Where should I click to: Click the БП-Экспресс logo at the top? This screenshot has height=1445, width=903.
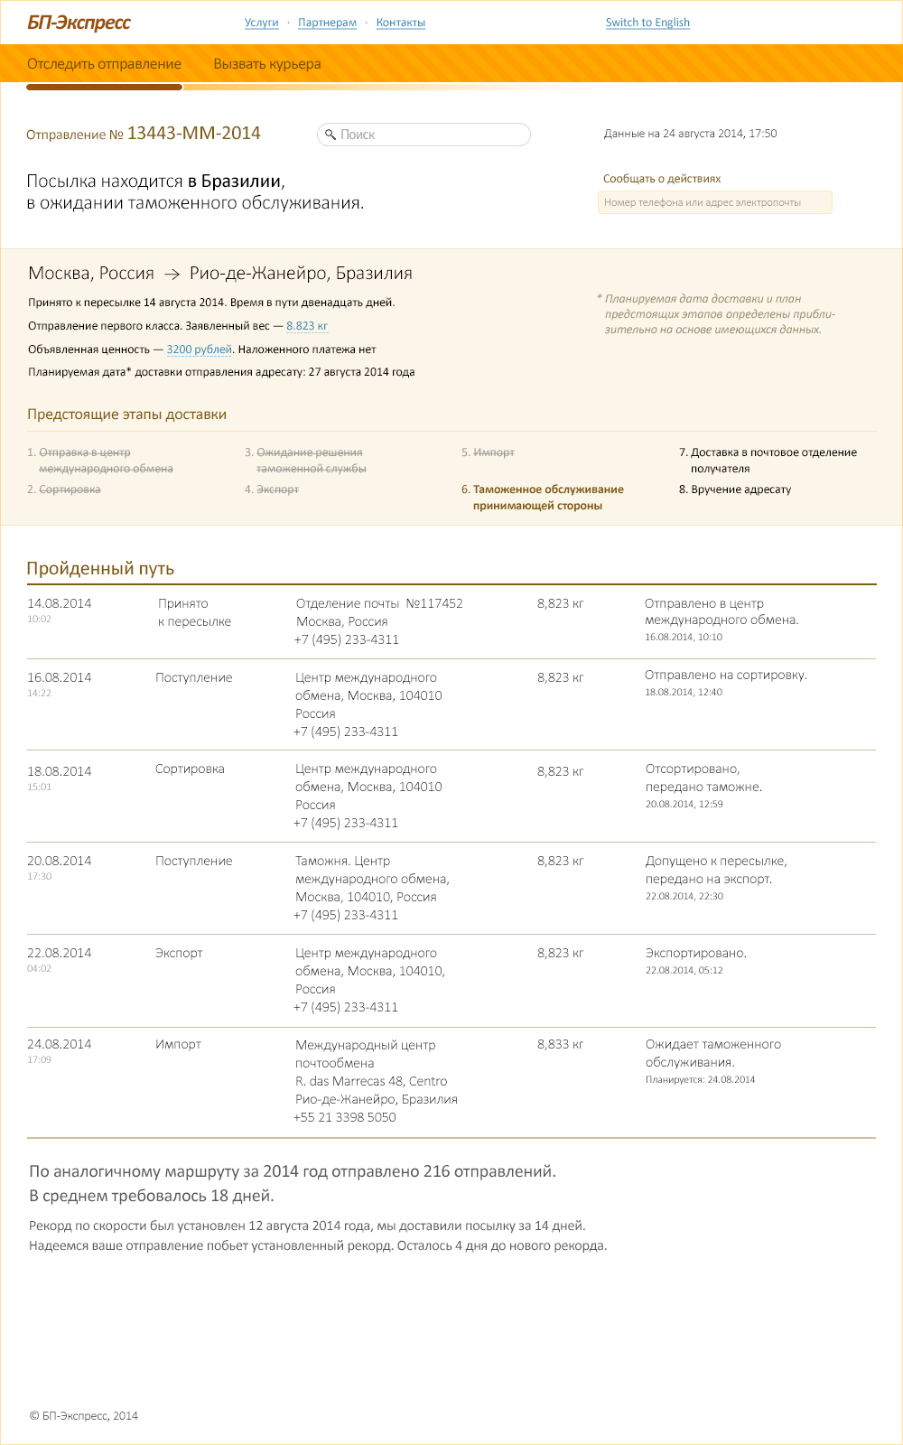pyautogui.click(x=79, y=23)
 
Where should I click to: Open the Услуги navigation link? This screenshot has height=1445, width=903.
pyautogui.click(x=261, y=23)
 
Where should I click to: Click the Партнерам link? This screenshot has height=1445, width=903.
pyautogui.click(x=327, y=23)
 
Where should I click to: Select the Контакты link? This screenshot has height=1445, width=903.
pyautogui.click(x=400, y=23)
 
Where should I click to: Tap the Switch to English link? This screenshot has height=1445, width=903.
pyautogui.click(x=647, y=23)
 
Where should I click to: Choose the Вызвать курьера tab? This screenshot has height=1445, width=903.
pyautogui.click(x=266, y=64)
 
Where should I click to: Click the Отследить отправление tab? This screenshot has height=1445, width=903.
pyautogui.click(x=104, y=64)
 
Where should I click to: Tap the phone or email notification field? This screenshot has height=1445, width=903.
pyautogui.click(x=713, y=202)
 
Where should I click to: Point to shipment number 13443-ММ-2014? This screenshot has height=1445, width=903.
pyautogui.click(x=193, y=134)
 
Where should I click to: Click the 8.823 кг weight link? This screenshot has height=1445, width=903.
pyautogui.click(x=307, y=326)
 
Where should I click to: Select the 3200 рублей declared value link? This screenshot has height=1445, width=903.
pyautogui.click(x=199, y=350)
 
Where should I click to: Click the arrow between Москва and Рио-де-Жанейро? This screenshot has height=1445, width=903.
pyautogui.click(x=172, y=274)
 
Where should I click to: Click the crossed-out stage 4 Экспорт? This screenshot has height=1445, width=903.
pyautogui.click(x=277, y=489)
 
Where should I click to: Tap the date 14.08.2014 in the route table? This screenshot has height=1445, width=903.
pyautogui.click(x=59, y=603)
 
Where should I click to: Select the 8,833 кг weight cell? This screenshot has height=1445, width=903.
pyautogui.click(x=560, y=1044)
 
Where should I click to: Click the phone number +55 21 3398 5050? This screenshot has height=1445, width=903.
pyautogui.click(x=345, y=1117)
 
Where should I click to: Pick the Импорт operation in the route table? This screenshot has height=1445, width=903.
pyautogui.click(x=178, y=1044)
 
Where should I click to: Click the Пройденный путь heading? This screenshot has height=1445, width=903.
pyautogui.click(x=100, y=568)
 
